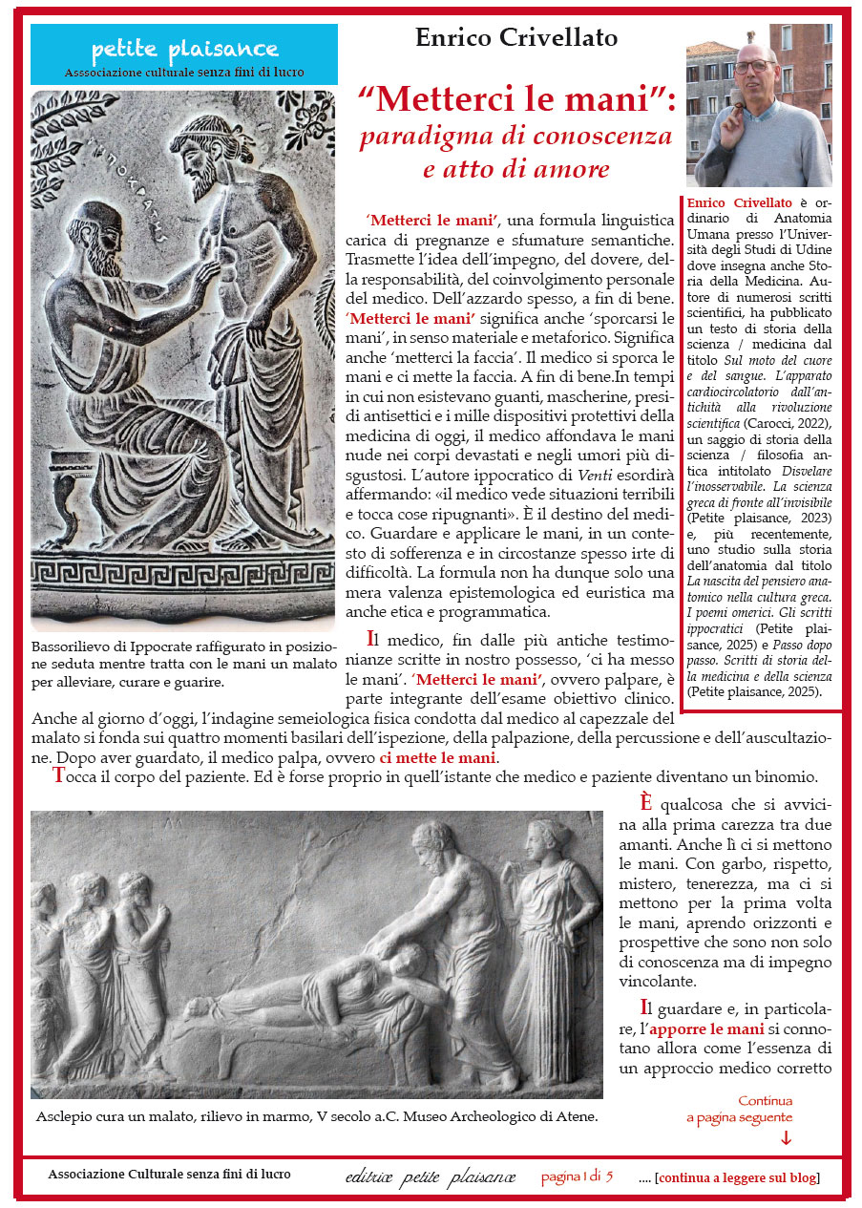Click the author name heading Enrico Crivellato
click(x=516, y=38)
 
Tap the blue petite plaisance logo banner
click(x=184, y=54)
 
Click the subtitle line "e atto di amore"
click(x=516, y=170)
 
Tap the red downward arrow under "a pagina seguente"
click(x=786, y=1136)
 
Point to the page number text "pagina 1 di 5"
click(x=577, y=1176)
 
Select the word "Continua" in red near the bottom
click(x=765, y=1100)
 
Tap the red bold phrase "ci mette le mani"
click(x=438, y=758)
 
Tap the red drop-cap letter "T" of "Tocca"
click(x=59, y=777)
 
